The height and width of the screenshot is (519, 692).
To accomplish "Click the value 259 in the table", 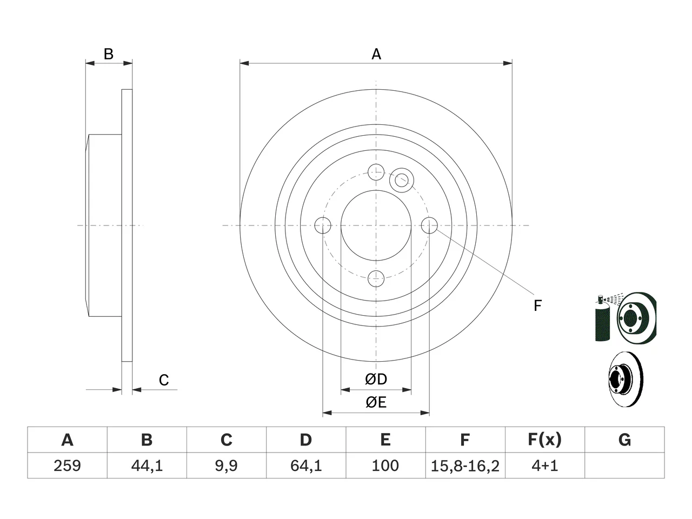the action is click(x=67, y=465).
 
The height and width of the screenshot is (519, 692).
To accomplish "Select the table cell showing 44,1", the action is click(x=147, y=465).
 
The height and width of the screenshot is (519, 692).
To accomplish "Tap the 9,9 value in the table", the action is click(x=227, y=465).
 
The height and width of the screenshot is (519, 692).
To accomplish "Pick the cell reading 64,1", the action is click(x=306, y=465).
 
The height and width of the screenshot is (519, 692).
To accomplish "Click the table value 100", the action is click(x=385, y=465).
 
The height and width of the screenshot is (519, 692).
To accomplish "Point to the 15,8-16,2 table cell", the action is click(x=465, y=466).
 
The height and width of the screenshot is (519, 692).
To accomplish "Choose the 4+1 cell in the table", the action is click(x=545, y=465).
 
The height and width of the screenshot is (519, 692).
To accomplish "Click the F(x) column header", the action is click(x=545, y=440).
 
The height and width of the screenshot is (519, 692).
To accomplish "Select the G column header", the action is click(x=624, y=440).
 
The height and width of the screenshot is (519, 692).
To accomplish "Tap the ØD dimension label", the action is click(x=376, y=379).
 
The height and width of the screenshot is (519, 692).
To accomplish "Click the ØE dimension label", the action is click(x=376, y=402).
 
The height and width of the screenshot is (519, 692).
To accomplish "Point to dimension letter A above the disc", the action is click(x=376, y=54).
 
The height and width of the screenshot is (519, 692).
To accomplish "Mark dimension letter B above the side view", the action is click(x=109, y=54).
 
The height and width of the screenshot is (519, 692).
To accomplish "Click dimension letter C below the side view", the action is click(x=164, y=380).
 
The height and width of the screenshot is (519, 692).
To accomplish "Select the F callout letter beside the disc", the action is click(x=537, y=305).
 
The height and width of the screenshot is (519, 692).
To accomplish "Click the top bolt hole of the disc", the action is click(x=376, y=172).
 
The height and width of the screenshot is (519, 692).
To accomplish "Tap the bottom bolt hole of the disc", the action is click(x=376, y=278).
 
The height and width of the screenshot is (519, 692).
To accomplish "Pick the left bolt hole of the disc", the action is click(x=323, y=225).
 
